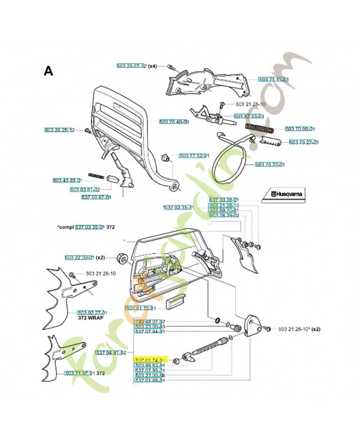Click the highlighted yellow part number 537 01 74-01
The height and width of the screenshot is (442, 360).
coord(150,359)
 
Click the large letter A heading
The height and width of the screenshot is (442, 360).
coord(49,71)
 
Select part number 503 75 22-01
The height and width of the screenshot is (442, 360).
coord(269,164)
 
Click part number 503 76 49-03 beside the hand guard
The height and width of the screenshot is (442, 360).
coord(174,122)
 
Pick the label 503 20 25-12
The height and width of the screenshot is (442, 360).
coord(59,130)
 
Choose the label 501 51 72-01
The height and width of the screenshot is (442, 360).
coord(141,308)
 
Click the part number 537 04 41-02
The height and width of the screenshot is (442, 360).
coord(112,352)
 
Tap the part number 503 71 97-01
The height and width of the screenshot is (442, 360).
coord(80,373)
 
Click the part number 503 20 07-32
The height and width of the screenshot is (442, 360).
coord(131,66)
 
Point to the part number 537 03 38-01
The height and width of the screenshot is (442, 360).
coord(224,200)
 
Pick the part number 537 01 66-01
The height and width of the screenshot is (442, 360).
coord(150,381)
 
